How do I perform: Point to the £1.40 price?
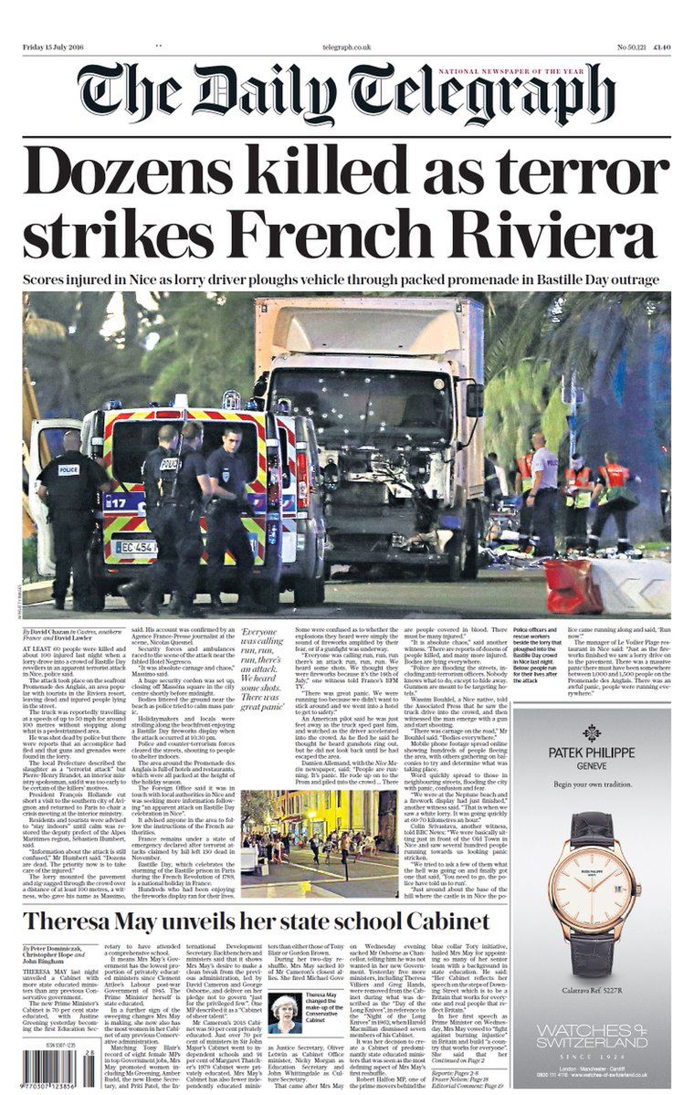pos(662,47)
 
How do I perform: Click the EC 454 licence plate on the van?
pos(134,547)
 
